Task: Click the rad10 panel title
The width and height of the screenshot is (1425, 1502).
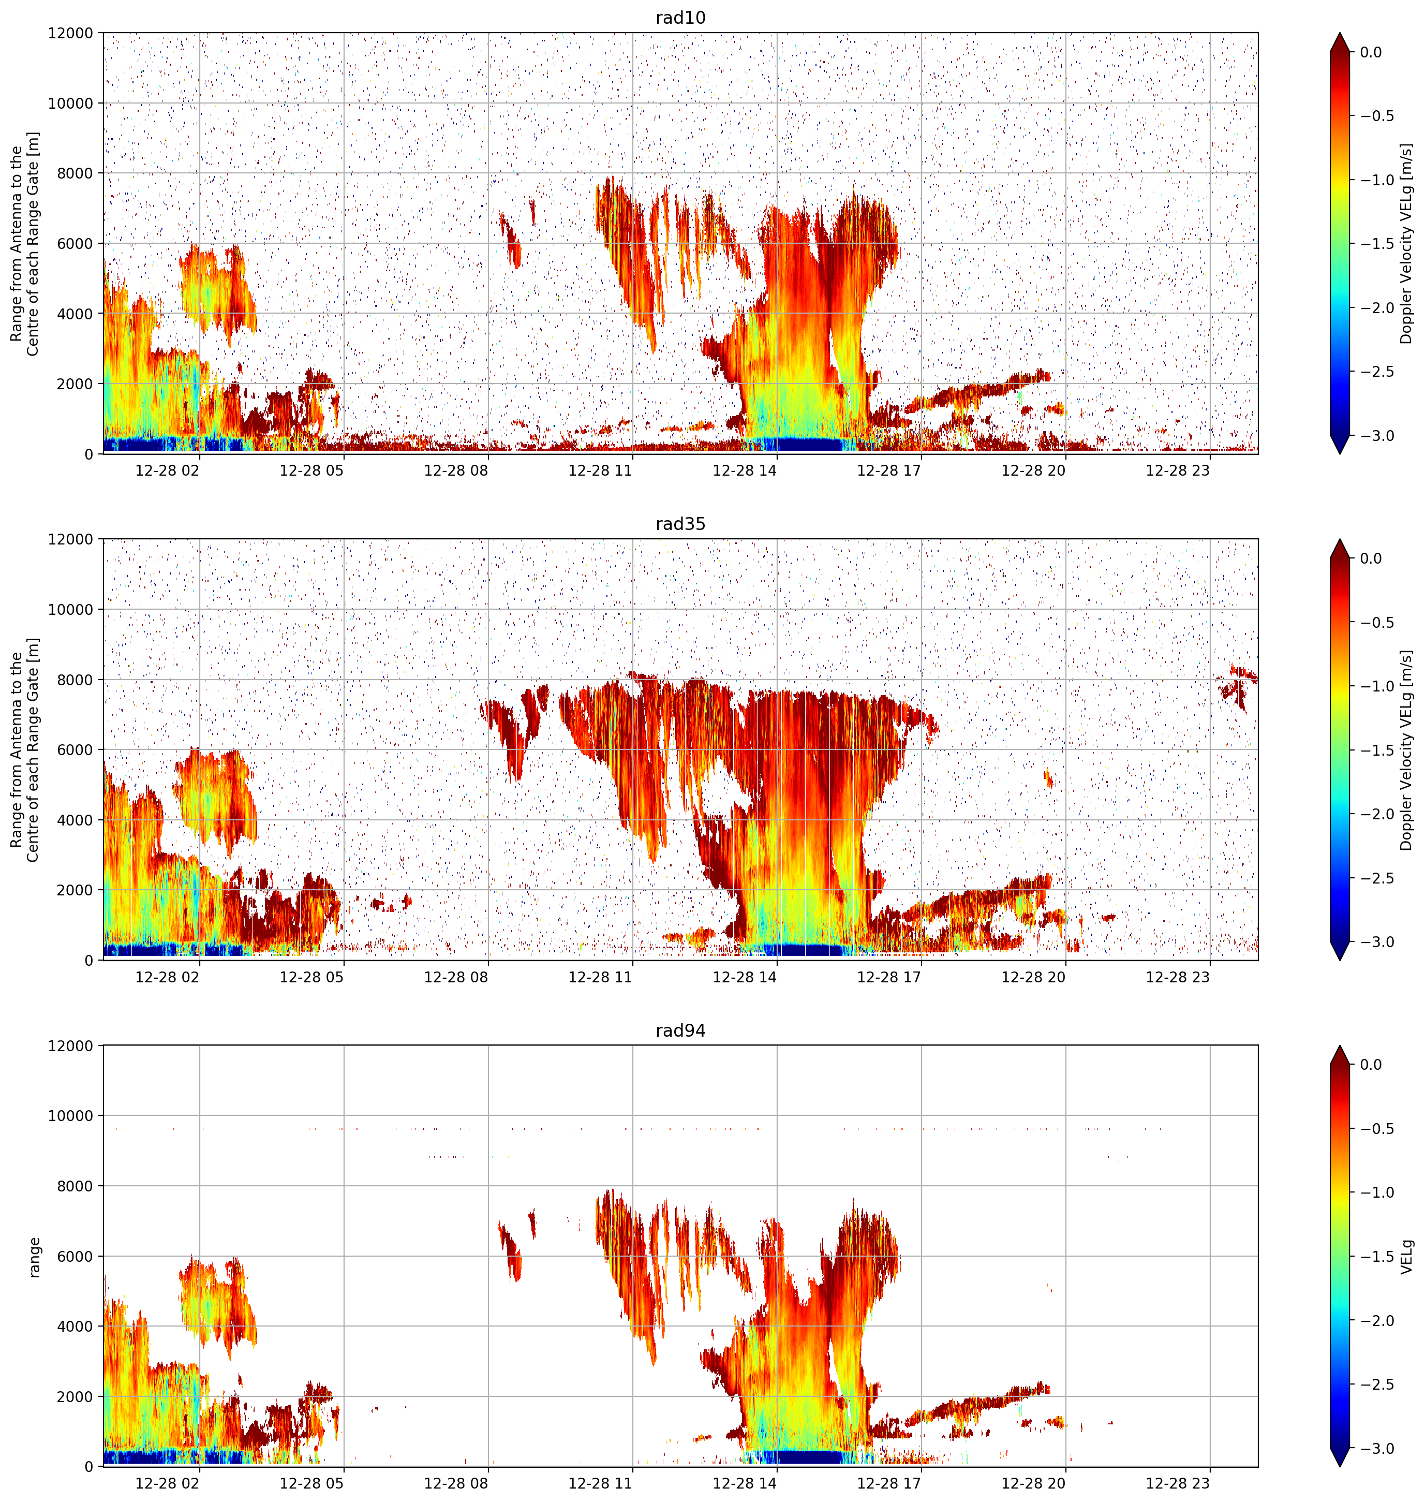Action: [x=680, y=18]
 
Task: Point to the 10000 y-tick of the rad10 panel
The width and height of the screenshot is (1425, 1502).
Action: [x=71, y=104]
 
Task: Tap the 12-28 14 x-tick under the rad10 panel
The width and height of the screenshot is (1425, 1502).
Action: [x=745, y=470]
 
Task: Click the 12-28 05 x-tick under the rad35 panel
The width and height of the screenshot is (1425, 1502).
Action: [x=311, y=977]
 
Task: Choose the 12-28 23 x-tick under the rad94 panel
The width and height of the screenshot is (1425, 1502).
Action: [x=1177, y=1483]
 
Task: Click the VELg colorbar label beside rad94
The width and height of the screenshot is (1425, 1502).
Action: [x=1407, y=1257]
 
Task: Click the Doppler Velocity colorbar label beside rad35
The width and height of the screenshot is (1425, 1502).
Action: [x=1407, y=750]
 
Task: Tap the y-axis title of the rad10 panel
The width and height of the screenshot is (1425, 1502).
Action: [x=24, y=243]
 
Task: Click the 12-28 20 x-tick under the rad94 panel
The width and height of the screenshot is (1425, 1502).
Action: [x=1033, y=1483]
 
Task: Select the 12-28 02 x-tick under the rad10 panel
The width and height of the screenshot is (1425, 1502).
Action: [x=167, y=470]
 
